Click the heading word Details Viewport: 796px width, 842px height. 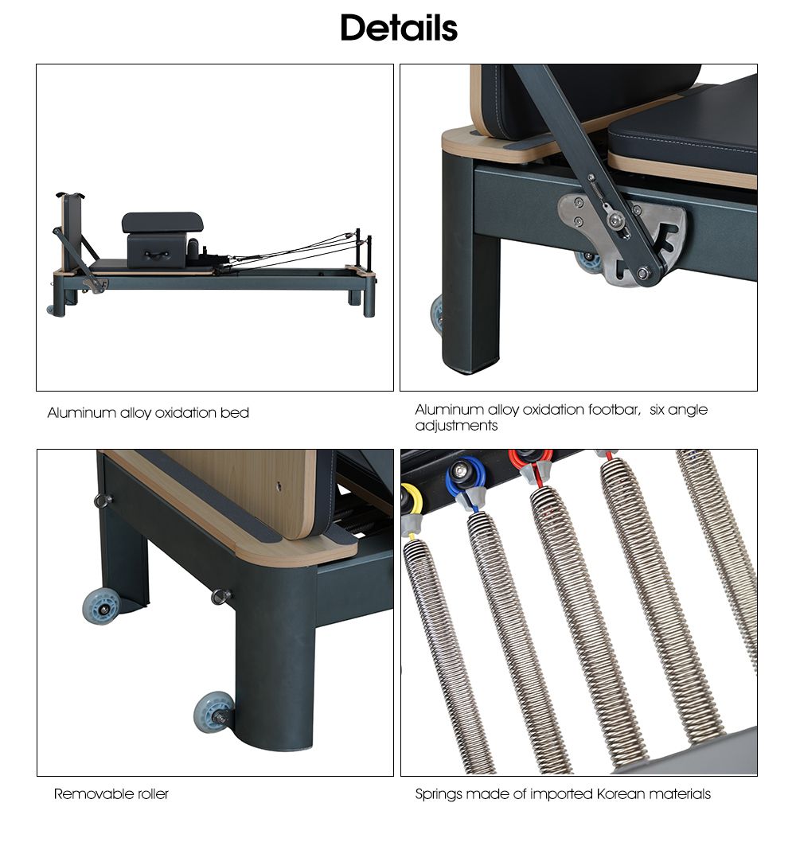[398, 28]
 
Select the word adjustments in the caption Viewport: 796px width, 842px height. [456, 426]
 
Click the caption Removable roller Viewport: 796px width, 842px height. [111, 793]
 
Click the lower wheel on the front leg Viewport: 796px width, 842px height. [213, 711]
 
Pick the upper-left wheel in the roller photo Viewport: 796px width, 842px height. [100, 606]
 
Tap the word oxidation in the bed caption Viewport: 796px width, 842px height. [185, 413]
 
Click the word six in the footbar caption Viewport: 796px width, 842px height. [657, 410]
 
